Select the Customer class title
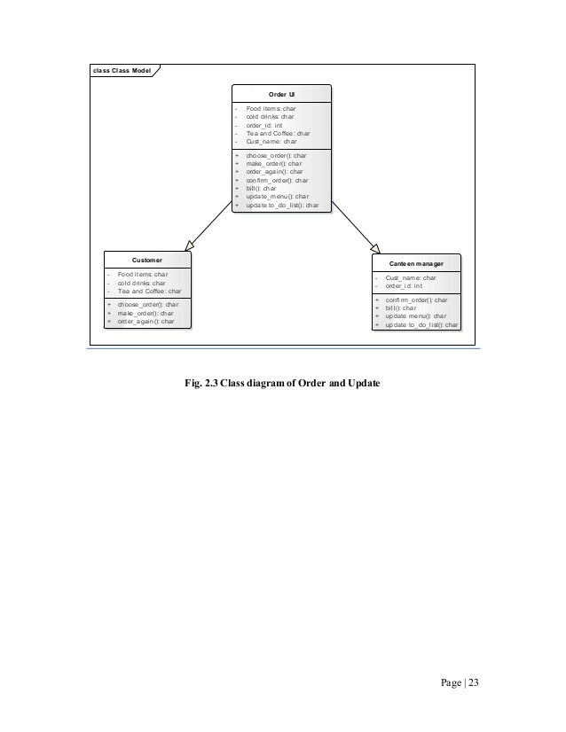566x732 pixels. pyautogui.click(x=146, y=261)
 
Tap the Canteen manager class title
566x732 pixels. pyautogui.click(x=417, y=264)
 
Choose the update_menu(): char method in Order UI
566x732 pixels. pyautogui.click(x=277, y=196)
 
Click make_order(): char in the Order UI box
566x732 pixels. pyautogui.click(x=273, y=163)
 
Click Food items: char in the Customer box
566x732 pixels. pyautogui.click(x=143, y=275)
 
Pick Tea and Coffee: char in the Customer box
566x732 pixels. pyautogui.click(x=149, y=291)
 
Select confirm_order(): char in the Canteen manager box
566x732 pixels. pyautogui.click(x=416, y=300)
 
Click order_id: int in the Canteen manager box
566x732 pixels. pyautogui.click(x=404, y=285)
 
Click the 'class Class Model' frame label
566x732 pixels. pyautogui.click(x=120, y=70)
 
